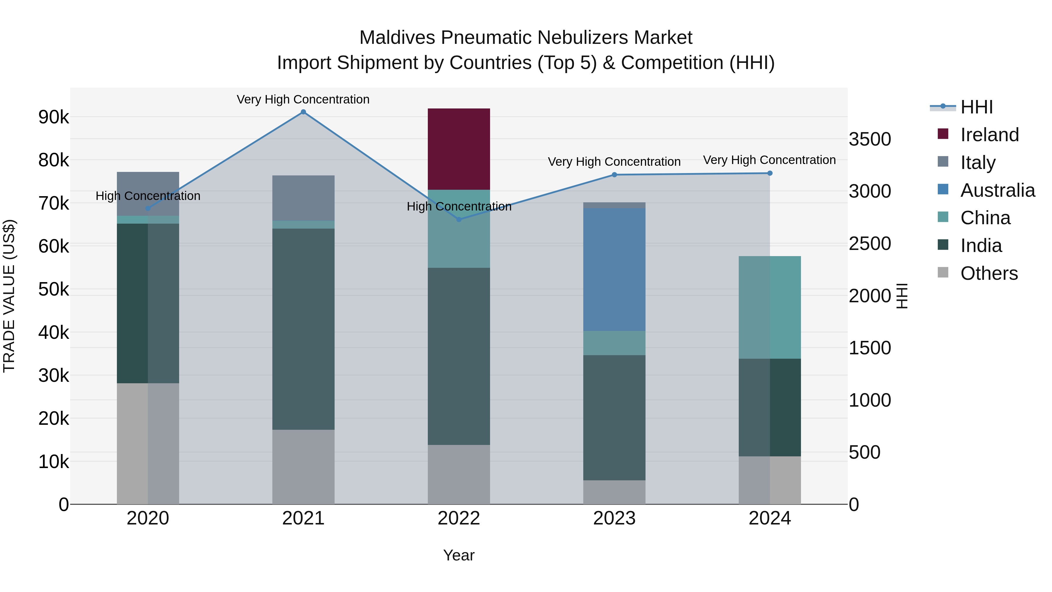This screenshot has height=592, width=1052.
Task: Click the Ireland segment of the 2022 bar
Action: pos(458,149)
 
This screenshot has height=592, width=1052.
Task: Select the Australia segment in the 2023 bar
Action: pos(614,269)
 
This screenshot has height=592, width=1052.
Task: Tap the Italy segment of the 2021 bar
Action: pos(303,198)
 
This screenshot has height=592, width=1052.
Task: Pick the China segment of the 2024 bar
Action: pos(769,307)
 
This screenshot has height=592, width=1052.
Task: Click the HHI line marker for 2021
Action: pos(303,112)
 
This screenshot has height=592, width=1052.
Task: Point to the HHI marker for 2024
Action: pos(770,173)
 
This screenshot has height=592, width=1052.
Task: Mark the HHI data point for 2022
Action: pos(458,219)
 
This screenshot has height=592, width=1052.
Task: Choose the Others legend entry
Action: pos(989,273)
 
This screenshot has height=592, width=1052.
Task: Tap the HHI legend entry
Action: pos(976,107)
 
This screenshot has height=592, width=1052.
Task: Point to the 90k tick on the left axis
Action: pos(53,117)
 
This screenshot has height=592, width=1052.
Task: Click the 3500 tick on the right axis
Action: pos(869,139)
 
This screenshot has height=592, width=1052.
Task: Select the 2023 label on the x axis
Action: pos(614,518)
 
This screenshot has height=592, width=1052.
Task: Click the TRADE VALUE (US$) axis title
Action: pos(9,296)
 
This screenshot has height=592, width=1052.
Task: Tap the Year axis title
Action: pos(458,555)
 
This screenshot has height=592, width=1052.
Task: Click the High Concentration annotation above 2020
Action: pos(148,196)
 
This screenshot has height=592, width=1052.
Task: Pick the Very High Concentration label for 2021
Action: pos(303,99)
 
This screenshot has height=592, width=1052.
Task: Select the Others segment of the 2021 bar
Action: pos(303,467)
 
